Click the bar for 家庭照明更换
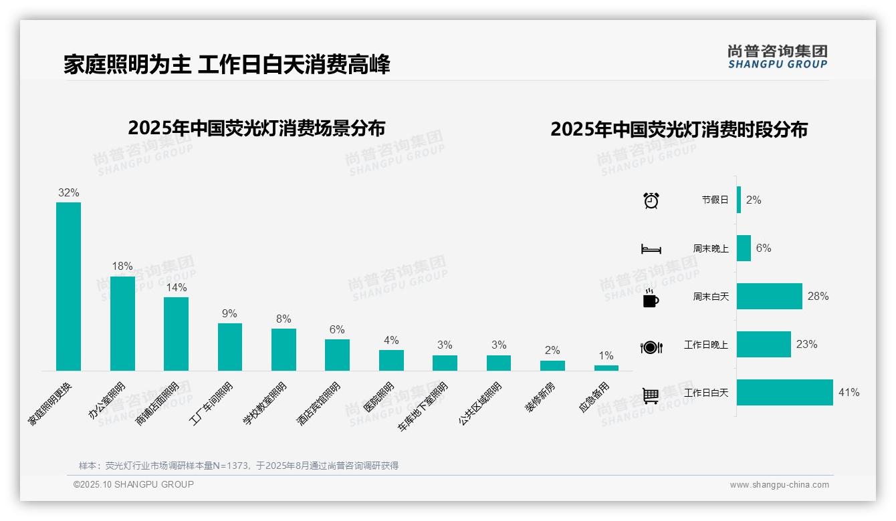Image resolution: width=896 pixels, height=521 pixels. pos(68,287)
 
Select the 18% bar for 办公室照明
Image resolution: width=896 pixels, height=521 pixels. pos(122,323)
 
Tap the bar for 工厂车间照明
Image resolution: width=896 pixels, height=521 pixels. pos(230,347)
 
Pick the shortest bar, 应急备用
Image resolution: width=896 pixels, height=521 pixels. pos(606,368)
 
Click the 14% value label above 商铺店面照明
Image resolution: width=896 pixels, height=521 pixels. pos(177,287)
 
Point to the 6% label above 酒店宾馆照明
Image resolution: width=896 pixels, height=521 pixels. pos(337,330)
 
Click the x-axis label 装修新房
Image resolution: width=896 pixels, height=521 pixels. pos(539,397)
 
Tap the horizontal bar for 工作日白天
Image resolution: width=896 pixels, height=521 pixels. pos(784,393)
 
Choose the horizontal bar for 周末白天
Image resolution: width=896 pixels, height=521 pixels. pos(769,296)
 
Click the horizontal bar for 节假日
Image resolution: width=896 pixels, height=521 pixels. pos(739,200)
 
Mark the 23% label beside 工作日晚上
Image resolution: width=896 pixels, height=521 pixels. pos(806,345)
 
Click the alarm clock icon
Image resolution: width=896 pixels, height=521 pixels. pos(651,200)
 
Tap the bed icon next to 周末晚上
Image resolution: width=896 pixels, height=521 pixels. pos(651,249)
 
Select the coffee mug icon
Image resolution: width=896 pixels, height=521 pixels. pos(651,298)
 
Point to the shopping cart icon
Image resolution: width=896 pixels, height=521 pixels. pos(651,395)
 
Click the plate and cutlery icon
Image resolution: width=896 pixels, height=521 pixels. pos(651,347)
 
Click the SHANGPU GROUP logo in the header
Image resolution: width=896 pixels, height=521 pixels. pos(777,57)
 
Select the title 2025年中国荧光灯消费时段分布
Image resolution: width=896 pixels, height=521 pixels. pos(679,129)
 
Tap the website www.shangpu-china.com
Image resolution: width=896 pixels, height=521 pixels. pos(779,485)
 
